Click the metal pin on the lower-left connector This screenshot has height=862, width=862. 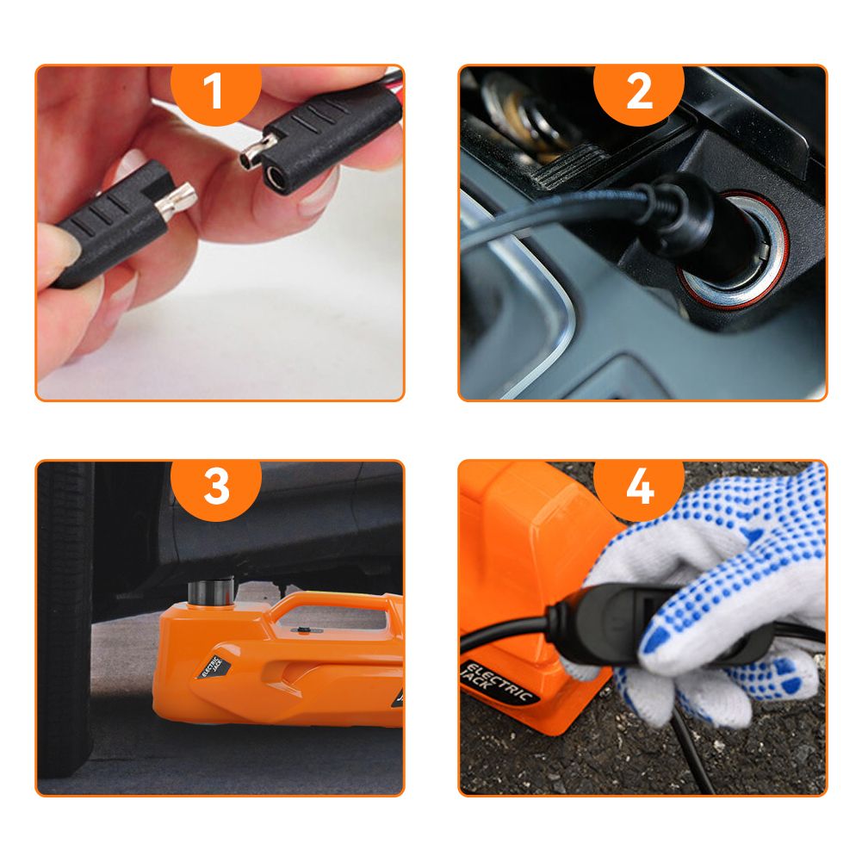[176, 201]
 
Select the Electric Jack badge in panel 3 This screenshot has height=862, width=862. [214, 667]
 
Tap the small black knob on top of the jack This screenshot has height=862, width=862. [301, 630]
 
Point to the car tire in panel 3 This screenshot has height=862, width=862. [65, 618]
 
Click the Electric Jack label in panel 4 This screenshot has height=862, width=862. [498, 682]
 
